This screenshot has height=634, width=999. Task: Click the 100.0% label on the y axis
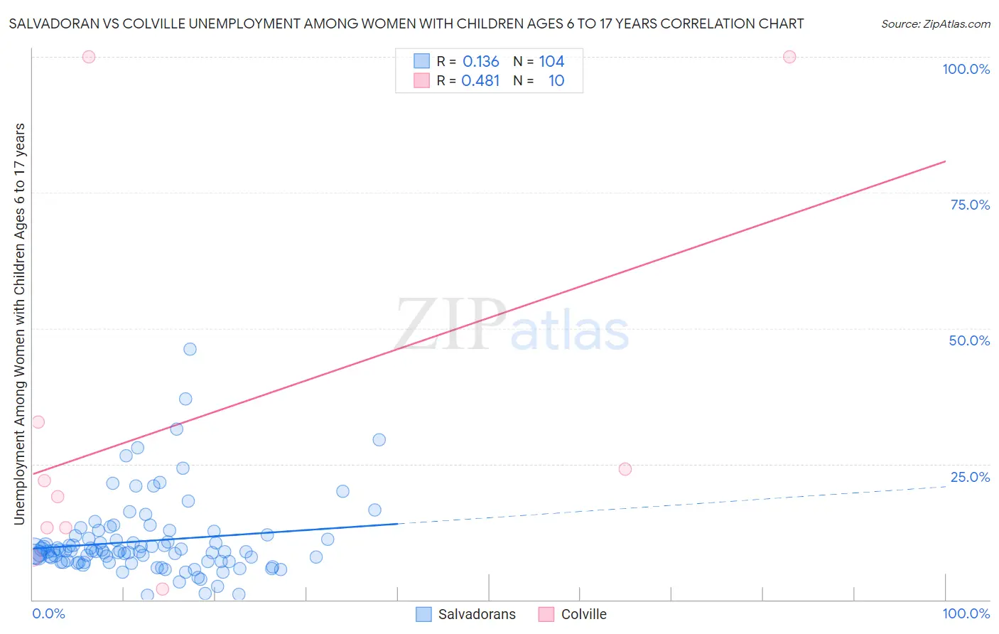pyautogui.click(x=966, y=69)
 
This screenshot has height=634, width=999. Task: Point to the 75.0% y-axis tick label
pyautogui.click(x=970, y=205)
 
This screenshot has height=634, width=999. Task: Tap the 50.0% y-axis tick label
pyautogui.click(x=969, y=340)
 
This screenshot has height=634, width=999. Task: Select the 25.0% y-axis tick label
pyautogui.click(x=970, y=477)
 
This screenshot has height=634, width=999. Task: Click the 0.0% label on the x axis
pyautogui.click(x=48, y=613)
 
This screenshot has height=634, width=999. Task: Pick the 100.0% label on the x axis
pyautogui.click(x=966, y=613)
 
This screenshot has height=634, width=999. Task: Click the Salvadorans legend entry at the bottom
pyautogui.click(x=476, y=614)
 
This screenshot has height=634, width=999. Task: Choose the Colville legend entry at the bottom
pyautogui.click(x=583, y=614)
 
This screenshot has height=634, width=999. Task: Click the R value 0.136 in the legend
pyautogui.click(x=481, y=62)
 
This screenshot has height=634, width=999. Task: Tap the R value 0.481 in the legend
pyautogui.click(x=481, y=81)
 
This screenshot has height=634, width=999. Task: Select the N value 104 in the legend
pyautogui.click(x=551, y=62)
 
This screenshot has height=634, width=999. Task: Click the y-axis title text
pyautogui.click(x=19, y=323)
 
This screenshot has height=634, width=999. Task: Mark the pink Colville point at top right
pyautogui.click(x=789, y=57)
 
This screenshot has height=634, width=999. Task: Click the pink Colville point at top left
pyautogui.click(x=89, y=57)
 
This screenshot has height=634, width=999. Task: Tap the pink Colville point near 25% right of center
pyautogui.click(x=625, y=469)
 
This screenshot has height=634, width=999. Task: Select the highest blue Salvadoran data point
pyautogui.click(x=190, y=349)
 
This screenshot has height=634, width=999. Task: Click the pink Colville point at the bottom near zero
pyautogui.click(x=162, y=589)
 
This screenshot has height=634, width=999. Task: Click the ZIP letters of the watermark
pyautogui.click(x=450, y=326)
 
